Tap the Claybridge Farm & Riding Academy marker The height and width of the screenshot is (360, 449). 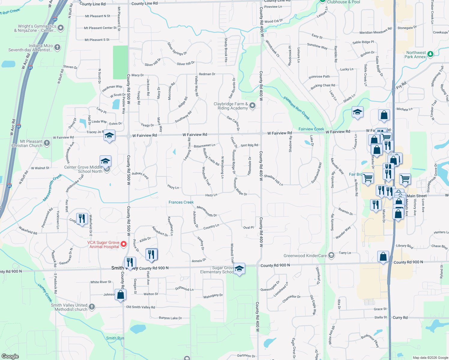(252, 105)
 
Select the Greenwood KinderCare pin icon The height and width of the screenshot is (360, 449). (331, 255)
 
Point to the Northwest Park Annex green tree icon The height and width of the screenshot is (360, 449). (430, 54)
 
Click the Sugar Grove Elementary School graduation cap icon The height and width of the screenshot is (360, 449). (239, 268)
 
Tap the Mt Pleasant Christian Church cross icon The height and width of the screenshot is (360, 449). (47, 143)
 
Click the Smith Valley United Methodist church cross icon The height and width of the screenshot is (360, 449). (92, 307)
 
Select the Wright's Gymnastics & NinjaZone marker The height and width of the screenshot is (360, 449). (61, 28)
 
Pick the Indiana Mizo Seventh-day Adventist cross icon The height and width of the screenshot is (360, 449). (57, 47)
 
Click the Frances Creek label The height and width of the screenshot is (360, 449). (181, 202)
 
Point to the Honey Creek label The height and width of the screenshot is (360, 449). (45, 293)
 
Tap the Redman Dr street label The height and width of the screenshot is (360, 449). (207, 74)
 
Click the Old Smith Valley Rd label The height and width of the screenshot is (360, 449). (140, 307)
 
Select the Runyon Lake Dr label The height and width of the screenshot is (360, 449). (170, 318)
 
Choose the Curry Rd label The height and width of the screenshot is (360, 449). (400, 317)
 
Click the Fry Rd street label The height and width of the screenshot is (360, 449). (401, 85)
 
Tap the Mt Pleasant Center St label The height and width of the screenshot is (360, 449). (100, 28)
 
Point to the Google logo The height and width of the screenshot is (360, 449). (10, 356)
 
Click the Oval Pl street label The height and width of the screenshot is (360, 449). (248, 227)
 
